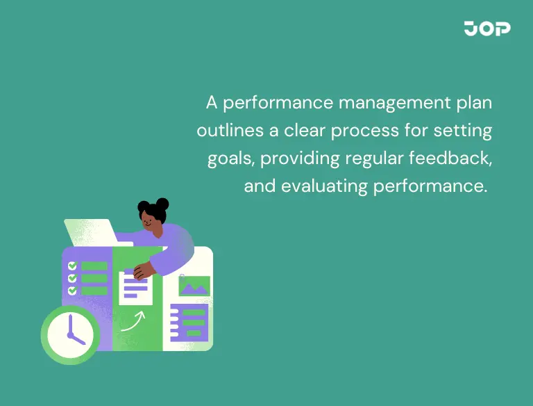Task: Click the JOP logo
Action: click(x=487, y=29)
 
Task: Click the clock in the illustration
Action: click(x=70, y=334)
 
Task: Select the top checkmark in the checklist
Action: click(x=71, y=266)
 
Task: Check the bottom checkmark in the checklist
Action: click(x=71, y=290)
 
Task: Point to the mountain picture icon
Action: click(x=194, y=286)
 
